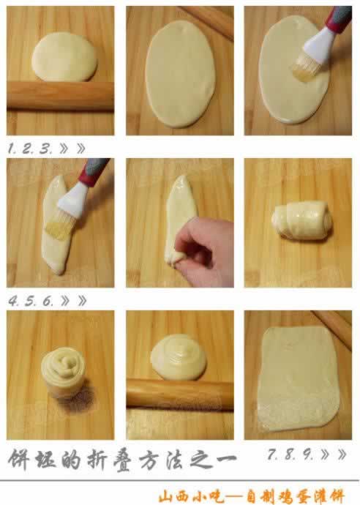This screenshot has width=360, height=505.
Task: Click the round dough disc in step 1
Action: (64, 56)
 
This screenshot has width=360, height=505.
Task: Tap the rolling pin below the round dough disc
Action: (60, 95)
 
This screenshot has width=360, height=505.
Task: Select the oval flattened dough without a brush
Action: (180, 74)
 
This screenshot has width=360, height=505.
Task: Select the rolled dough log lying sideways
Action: (301, 220)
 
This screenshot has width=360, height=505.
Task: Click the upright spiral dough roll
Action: (63, 371)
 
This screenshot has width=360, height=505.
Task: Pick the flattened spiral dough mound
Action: (179, 356)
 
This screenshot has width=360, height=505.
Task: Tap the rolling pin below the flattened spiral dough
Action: (180, 394)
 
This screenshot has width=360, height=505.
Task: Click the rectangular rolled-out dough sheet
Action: (299, 378)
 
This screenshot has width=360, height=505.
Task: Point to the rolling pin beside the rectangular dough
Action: (332, 327)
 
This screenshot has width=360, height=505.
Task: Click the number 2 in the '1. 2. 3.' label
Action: (28, 149)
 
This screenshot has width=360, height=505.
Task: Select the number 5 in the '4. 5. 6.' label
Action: (29, 301)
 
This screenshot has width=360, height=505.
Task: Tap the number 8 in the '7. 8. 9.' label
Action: (289, 454)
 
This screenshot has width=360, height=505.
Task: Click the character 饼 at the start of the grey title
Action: (19, 459)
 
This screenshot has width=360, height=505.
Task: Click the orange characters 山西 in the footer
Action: (173, 496)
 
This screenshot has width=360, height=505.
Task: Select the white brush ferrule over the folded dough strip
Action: (74, 201)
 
